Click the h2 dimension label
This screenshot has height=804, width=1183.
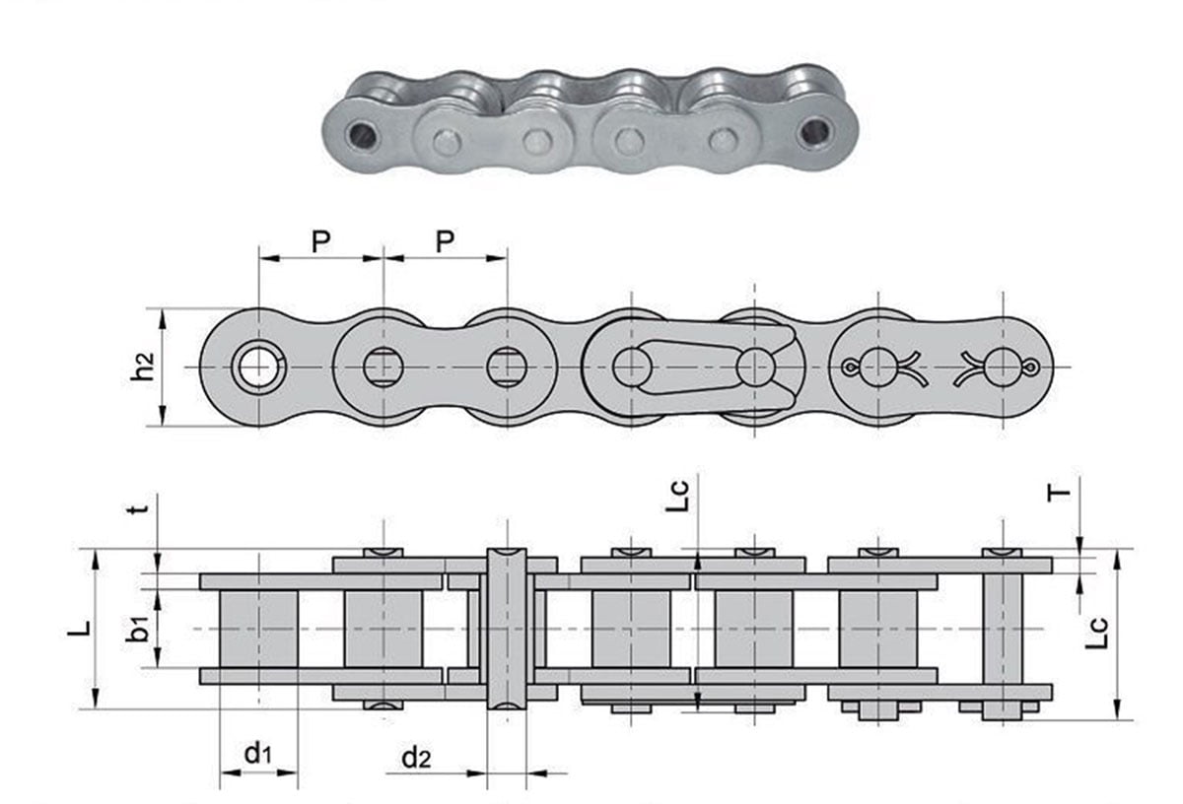145,368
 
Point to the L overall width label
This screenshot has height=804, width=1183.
77,627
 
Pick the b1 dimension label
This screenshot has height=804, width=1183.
140,628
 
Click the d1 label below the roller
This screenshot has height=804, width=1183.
257,755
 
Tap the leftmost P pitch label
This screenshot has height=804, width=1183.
320,241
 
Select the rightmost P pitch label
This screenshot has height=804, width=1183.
446,241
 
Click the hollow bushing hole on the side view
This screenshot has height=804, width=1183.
258,368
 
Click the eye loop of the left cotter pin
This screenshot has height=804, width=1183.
849,368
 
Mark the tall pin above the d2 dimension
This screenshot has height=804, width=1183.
507,628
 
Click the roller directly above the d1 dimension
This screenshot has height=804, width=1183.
258,628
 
